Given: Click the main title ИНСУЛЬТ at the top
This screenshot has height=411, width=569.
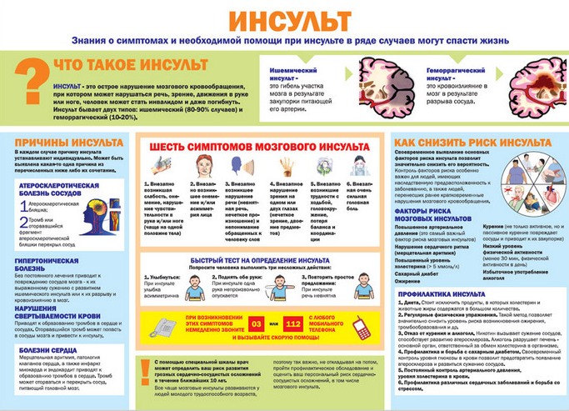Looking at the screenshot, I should tap(282, 18).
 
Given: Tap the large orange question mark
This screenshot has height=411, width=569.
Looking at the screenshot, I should tap(30, 83).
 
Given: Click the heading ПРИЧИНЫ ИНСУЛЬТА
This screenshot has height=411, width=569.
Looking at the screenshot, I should tap(57, 143).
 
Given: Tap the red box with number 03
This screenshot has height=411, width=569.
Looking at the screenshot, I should tap(258, 321).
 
